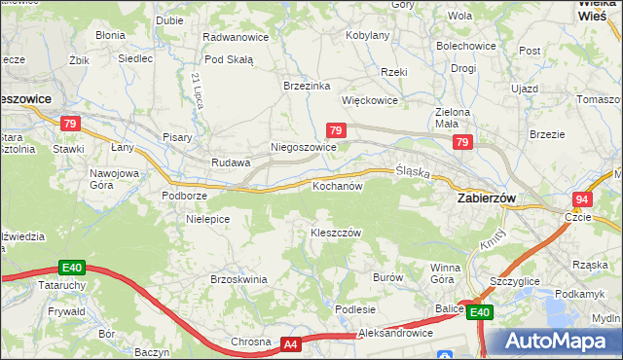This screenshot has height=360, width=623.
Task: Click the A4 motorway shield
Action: point(290,344)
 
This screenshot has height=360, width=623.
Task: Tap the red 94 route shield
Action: point(582,198)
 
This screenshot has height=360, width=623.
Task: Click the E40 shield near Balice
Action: point(479,312)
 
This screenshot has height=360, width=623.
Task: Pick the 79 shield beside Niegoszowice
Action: point(335,130)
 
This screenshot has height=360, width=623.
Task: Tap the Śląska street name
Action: point(413,170)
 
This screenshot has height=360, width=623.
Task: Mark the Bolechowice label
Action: point(466,46)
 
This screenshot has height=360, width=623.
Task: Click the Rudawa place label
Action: point(232,162)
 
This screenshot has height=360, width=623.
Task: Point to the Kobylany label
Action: point(369,35)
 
